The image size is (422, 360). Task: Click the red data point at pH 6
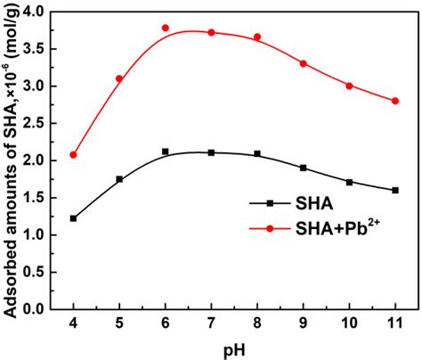[166, 28]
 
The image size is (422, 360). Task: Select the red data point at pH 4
[73, 154]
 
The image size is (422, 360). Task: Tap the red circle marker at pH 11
[395, 101]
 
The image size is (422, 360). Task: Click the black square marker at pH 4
[73, 218]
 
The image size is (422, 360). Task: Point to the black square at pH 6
[166, 151]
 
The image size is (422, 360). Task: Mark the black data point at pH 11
[395, 190]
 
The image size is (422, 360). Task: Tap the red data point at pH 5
[119, 78]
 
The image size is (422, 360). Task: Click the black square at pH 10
[350, 182]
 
